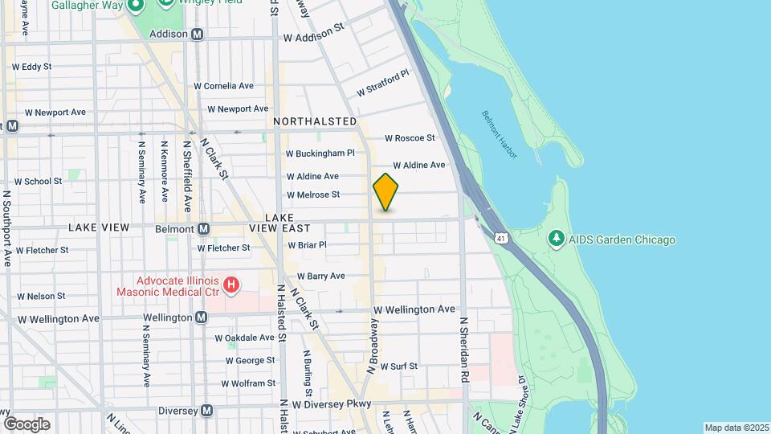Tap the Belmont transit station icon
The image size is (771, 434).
click(x=204, y=229)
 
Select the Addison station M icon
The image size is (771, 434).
click(x=198, y=35)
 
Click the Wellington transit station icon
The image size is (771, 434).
click(x=202, y=317)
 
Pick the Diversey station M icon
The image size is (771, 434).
click(x=207, y=411)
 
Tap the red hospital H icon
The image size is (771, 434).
click(x=231, y=284)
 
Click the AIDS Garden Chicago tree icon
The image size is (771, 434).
click(x=556, y=239)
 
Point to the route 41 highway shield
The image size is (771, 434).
click(x=502, y=239)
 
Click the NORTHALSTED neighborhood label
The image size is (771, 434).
click(x=314, y=121)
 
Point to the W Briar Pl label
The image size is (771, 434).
click(x=308, y=245)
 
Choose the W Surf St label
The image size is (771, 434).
click(x=399, y=366)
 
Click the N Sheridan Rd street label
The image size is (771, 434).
click(x=464, y=349)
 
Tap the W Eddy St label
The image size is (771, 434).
click(x=32, y=67)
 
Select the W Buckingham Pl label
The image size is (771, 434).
click(x=320, y=153)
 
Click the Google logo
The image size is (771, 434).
click(x=27, y=424)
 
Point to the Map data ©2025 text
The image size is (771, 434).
click(x=736, y=428)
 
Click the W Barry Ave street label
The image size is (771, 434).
click(x=320, y=276)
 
